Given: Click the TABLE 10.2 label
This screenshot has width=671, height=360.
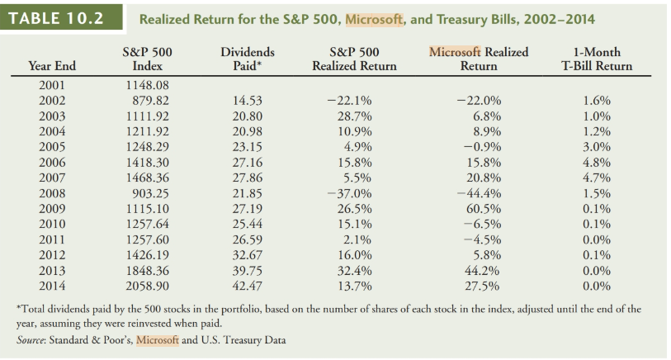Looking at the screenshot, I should pos(56,17).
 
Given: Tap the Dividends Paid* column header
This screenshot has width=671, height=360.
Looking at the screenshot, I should pos(248,59).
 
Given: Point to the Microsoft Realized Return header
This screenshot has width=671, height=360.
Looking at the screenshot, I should pos(479,59).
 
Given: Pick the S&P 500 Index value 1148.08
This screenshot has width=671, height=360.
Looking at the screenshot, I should pos(147,84).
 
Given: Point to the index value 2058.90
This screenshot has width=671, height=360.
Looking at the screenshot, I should pos(147,287).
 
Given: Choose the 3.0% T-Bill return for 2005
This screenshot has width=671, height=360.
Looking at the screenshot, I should pos(597,146).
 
